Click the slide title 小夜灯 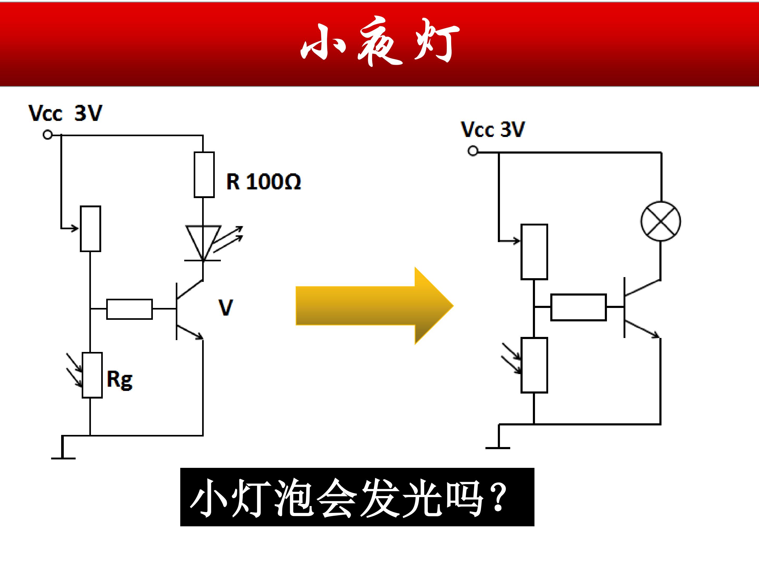(380, 41)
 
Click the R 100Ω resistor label (264, 182)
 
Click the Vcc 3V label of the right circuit (493, 129)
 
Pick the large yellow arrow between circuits (375, 306)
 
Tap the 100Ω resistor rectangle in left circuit (204, 175)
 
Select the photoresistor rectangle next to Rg (92, 375)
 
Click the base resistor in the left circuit (129, 309)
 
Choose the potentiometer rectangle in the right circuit (534, 252)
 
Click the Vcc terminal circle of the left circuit (48, 135)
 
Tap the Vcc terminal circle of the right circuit (473, 151)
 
